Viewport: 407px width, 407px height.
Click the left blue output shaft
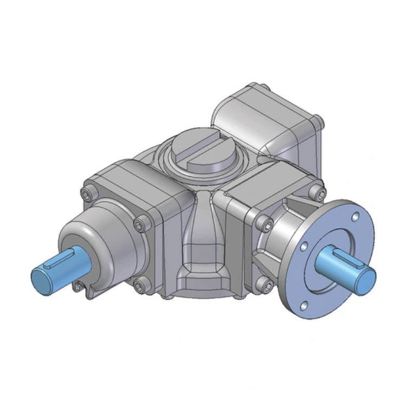(54, 268)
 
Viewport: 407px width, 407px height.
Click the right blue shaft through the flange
(347, 265)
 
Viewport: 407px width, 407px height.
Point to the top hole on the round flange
(354, 217)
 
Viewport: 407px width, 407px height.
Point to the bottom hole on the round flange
(305, 306)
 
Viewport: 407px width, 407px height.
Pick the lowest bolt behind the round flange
(264, 283)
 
